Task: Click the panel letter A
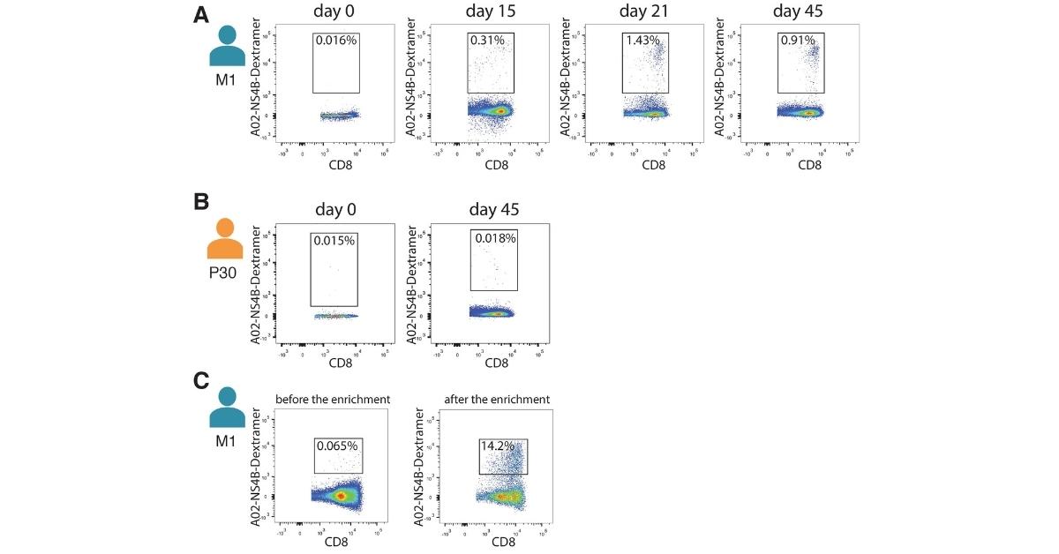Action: point(201,16)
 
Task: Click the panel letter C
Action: point(201,380)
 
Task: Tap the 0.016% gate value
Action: point(336,41)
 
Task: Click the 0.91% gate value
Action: point(798,41)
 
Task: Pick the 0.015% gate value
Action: point(334,241)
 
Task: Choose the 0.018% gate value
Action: point(495,239)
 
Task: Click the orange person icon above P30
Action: point(225,238)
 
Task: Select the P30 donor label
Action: point(226,272)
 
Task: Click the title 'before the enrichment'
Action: point(333,400)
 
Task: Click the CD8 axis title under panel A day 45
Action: point(807,164)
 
